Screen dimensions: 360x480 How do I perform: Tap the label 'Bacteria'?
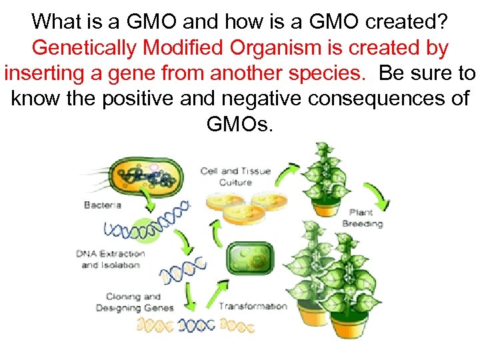point(102,205)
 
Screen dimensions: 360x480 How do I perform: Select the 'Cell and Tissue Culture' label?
point(235,177)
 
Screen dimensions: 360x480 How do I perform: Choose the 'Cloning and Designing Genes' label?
point(134,302)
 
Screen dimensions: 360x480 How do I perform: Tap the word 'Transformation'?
point(253,307)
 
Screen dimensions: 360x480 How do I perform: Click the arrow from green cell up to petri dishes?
point(216,233)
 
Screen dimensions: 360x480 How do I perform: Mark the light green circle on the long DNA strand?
point(155,227)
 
